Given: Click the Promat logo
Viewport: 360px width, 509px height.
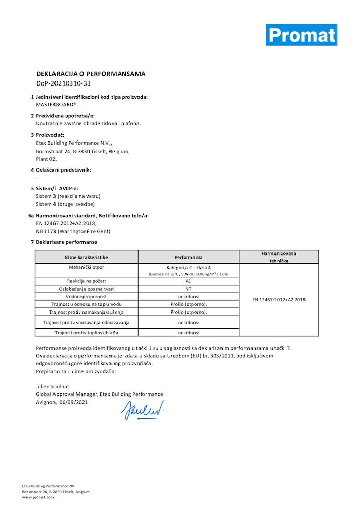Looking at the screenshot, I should [301, 35].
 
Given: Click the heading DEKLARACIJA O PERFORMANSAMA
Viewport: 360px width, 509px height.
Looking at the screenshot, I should [91, 74].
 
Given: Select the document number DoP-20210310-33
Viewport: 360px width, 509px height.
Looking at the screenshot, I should [63, 83].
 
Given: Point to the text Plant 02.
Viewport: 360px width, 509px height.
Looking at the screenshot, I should [46, 159].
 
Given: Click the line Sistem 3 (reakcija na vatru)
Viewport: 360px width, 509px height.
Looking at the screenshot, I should [68, 196].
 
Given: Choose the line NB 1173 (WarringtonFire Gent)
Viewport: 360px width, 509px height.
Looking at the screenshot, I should [73, 231].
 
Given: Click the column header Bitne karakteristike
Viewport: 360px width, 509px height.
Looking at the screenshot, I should [86, 257].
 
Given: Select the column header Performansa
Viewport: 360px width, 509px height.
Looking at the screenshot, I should [188, 257].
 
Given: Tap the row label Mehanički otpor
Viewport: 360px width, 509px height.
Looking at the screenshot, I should [86, 267].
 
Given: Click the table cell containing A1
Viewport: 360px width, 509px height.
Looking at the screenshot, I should [188, 281].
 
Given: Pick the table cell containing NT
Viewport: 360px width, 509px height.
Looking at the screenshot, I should [188, 289].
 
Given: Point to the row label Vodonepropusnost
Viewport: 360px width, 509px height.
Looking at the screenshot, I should [86, 296].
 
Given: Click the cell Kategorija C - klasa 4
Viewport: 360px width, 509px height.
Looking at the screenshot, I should [188, 267].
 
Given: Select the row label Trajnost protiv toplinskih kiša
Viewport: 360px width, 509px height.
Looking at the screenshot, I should [86, 332].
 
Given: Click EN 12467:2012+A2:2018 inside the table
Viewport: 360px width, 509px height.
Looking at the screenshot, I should [279, 300].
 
